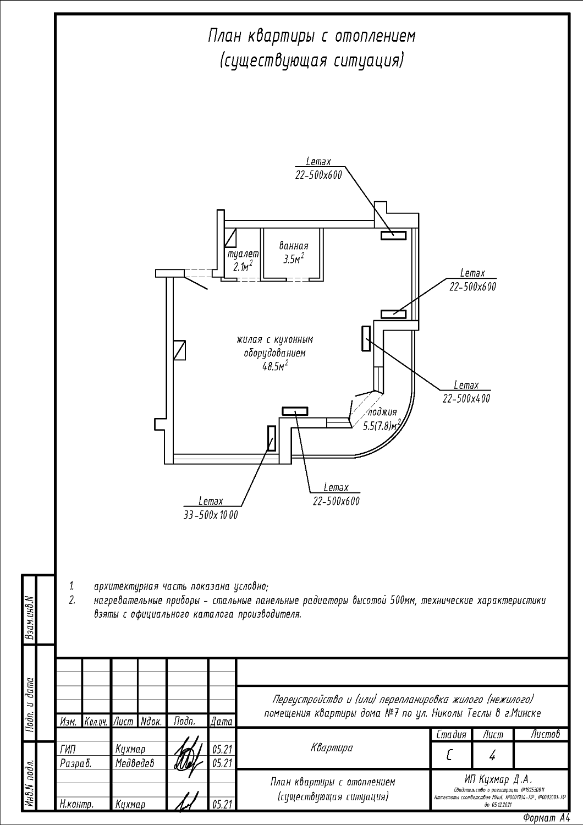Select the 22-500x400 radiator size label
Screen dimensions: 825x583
click(466, 399)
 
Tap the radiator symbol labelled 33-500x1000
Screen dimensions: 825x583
click(271, 438)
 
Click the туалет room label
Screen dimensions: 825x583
click(243, 255)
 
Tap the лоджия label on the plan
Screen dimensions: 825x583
click(382, 412)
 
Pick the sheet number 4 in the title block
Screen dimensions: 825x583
click(492, 756)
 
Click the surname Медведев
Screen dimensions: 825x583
click(135, 763)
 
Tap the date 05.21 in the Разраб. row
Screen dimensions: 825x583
click(221, 763)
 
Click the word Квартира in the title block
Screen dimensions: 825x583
click(332, 747)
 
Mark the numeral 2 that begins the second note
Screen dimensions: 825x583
click(71, 600)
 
